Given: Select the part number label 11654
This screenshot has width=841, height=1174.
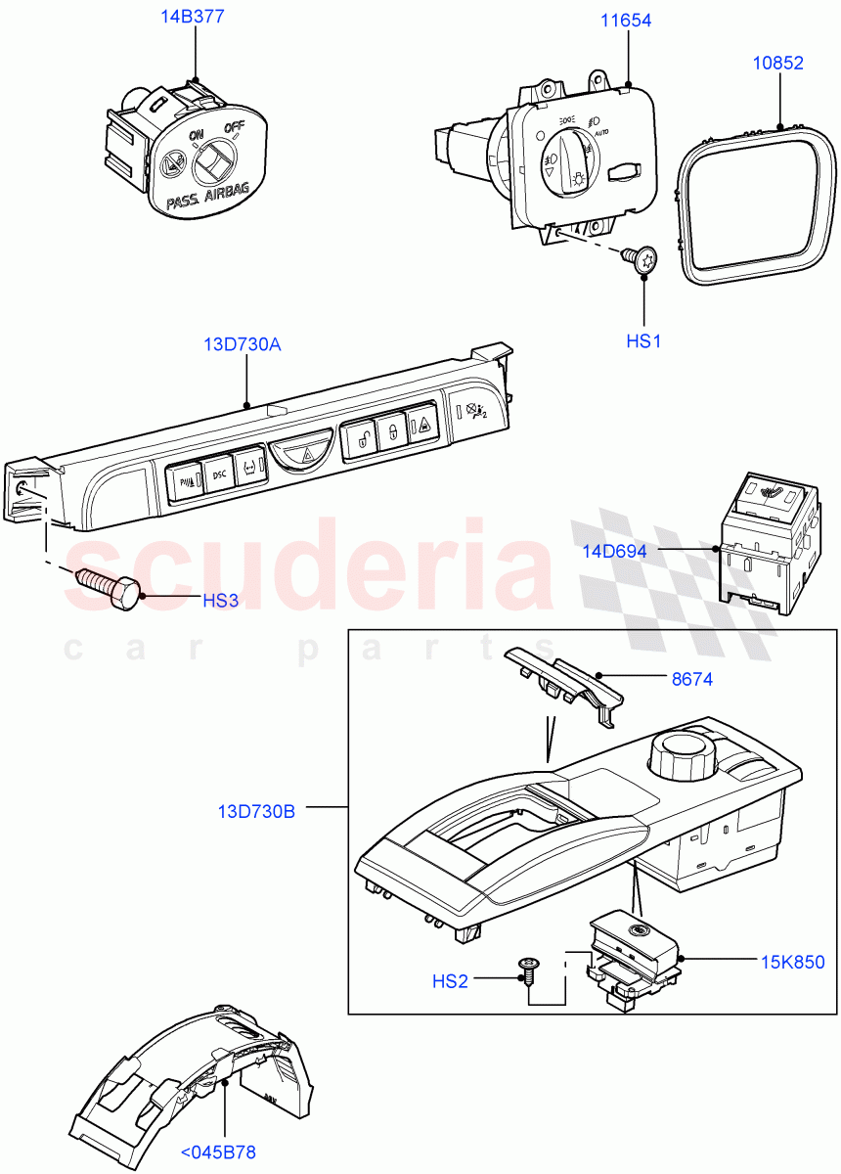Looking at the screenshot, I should [x=627, y=20].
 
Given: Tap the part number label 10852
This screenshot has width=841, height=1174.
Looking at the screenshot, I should [x=777, y=64].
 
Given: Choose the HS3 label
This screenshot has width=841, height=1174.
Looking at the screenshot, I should [x=220, y=601].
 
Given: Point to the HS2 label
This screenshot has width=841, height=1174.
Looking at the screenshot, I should [x=450, y=980].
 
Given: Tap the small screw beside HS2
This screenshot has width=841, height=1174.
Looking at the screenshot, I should [x=527, y=969].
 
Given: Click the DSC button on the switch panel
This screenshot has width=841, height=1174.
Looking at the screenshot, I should [x=217, y=476].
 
